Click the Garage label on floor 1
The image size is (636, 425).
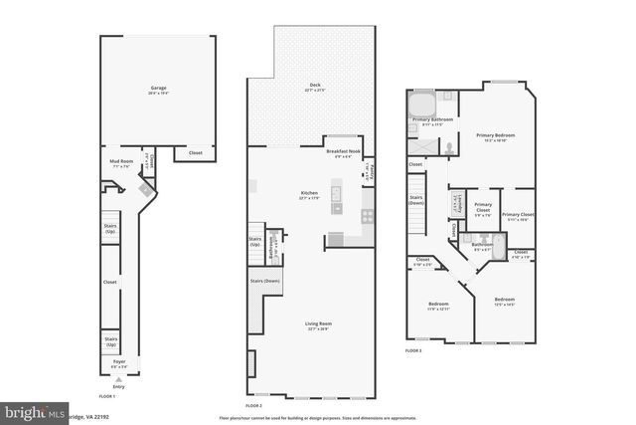[x=158, y=89]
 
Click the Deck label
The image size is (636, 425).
[x=314, y=85]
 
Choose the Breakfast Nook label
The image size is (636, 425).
[x=344, y=151]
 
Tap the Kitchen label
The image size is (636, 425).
[x=309, y=193]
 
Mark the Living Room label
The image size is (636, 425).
[x=318, y=323]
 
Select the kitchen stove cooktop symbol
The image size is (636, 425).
[x=367, y=214]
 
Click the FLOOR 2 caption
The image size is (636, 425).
[x=252, y=405]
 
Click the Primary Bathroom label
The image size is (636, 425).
[x=432, y=119]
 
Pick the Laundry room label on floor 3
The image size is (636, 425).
[x=459, y=203]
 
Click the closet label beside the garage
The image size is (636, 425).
[x=194, y=152]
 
